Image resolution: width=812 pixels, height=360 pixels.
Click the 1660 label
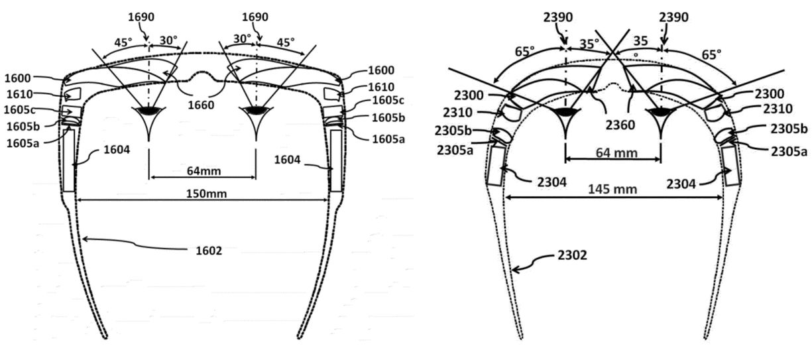(201, 105)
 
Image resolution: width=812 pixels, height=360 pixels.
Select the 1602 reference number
(209, 251)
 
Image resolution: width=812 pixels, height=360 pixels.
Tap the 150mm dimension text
(206, 194)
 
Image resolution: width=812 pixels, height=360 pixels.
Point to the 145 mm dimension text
(612, 189)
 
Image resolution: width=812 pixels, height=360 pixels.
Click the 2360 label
(620, 125)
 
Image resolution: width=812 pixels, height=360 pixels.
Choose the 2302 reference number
(572, 255)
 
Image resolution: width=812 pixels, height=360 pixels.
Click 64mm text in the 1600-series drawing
(203, 171)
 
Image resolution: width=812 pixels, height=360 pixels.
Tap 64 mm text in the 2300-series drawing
(616, 153)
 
